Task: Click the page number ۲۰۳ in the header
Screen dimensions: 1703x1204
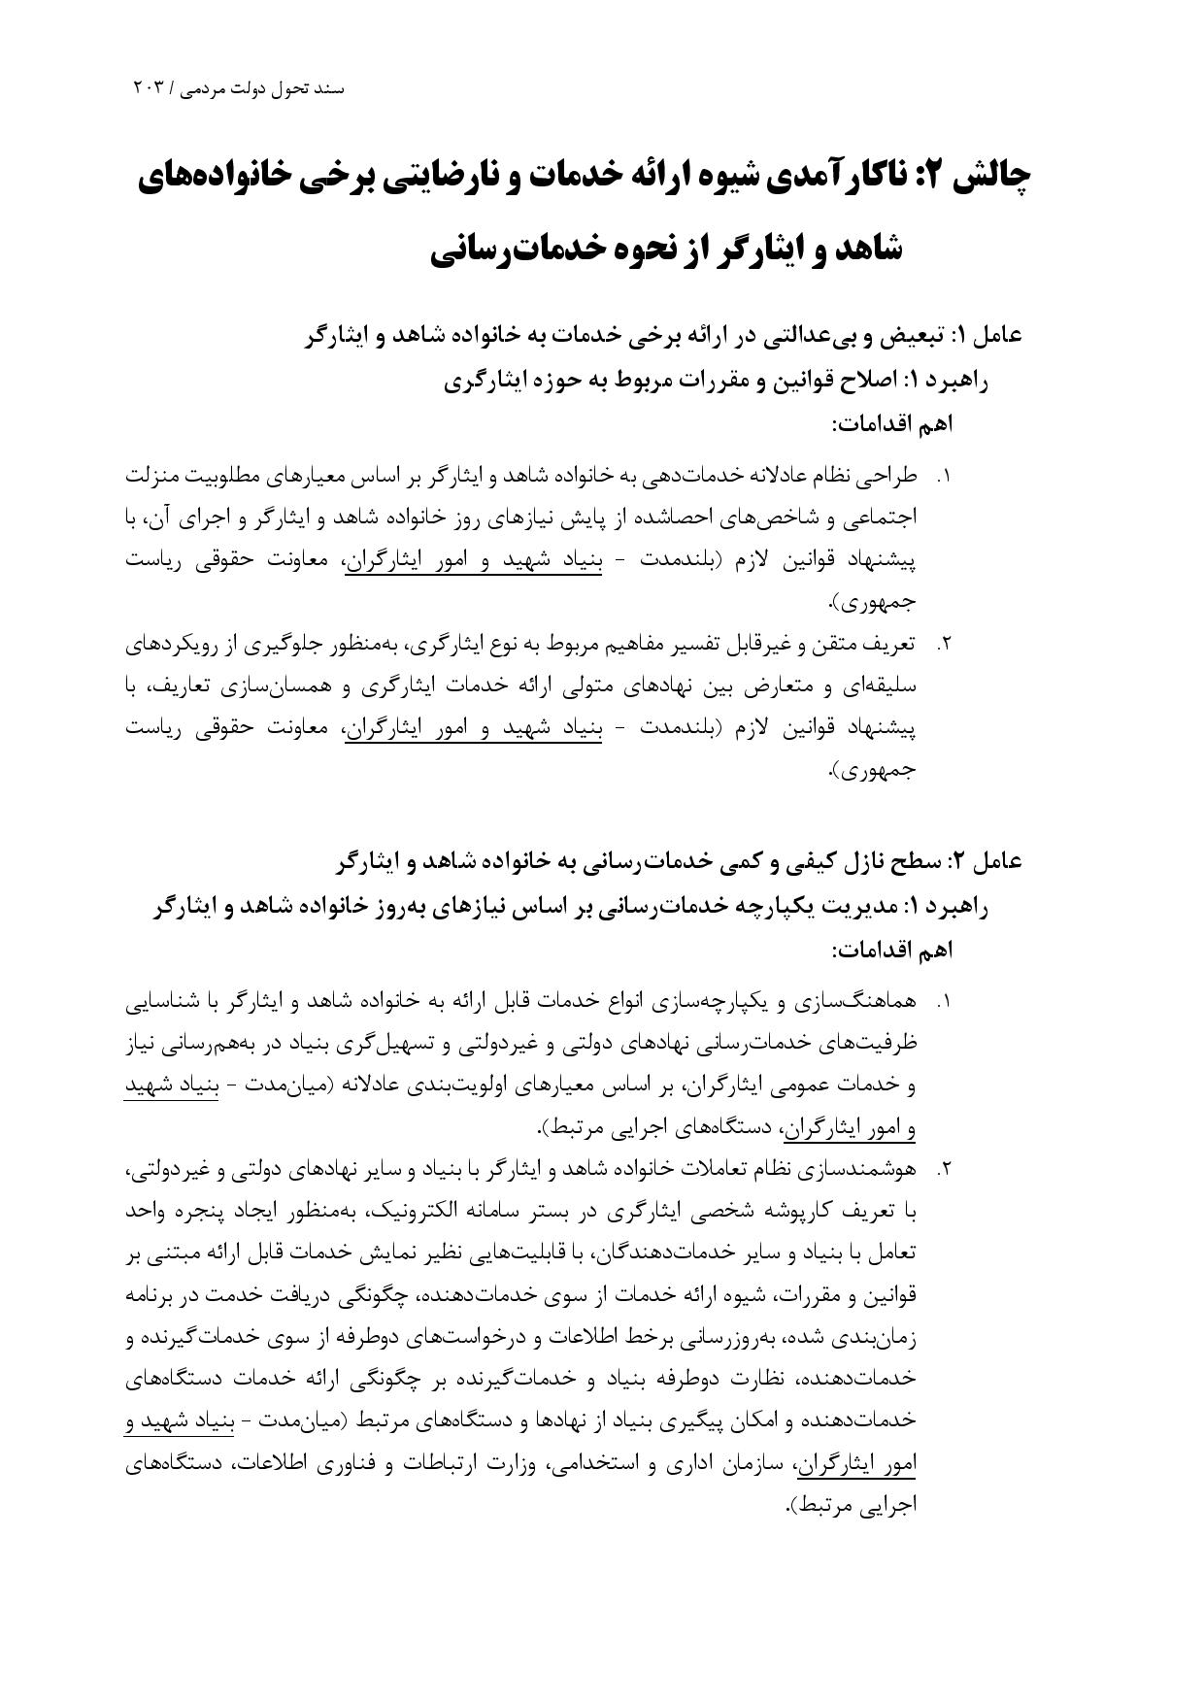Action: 150,88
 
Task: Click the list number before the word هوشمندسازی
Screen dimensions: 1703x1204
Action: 943,1170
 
